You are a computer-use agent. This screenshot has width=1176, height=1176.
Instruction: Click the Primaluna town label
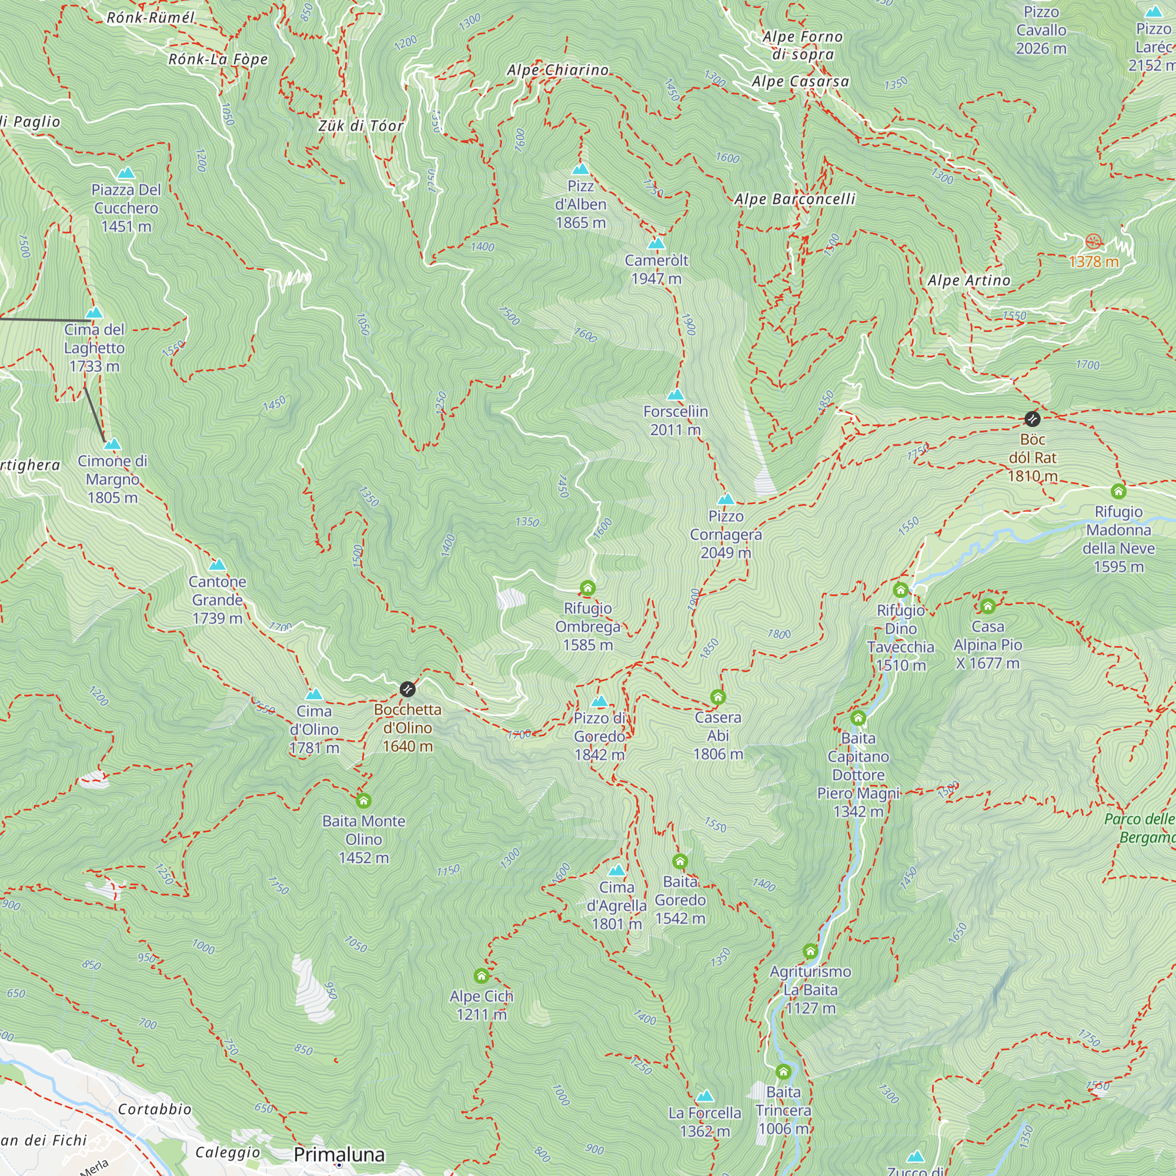(x=339, y=1154)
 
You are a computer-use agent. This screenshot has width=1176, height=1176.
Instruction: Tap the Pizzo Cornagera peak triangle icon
(x=726, y=500)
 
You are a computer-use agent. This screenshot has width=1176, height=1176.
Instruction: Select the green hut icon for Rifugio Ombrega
(x=587, y=588)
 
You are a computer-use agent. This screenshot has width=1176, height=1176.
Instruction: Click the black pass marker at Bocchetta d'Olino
(x=407, y=689)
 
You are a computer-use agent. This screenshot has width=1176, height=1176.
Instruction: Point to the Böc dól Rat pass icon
(x=1033, y=419)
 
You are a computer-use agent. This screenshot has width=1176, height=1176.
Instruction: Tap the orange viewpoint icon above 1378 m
(x=1093, y=242)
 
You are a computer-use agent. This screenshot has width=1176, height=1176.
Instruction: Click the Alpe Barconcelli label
(x=794, y=199)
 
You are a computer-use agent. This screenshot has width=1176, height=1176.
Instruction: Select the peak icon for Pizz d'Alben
(x=581, y=169)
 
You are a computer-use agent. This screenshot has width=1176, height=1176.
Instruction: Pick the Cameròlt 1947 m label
(x=656, y=269)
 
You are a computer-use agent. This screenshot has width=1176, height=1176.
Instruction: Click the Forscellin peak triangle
(x=676, y=395)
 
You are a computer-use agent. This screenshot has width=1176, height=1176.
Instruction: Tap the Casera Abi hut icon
(x=717, y=697)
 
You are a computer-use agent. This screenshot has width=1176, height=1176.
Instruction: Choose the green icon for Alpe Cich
(x=482, y=975)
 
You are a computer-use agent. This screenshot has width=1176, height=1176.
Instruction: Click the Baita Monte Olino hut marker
(x=363, y=800)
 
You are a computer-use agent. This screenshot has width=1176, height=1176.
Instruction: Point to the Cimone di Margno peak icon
(x=113, y=444)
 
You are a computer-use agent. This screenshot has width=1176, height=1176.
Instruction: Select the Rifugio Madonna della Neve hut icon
(x=1118, y=491)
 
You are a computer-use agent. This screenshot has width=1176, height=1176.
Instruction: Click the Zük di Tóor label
(x=361, y=126)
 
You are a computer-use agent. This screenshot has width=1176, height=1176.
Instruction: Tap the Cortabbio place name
(x=155, y=1109)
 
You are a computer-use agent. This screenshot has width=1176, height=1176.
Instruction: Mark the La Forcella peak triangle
(x=704, y=1095)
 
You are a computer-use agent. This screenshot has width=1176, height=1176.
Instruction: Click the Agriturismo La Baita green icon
(x=810, y=951)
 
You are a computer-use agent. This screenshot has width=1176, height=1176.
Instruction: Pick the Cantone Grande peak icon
(x=218, y=565)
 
